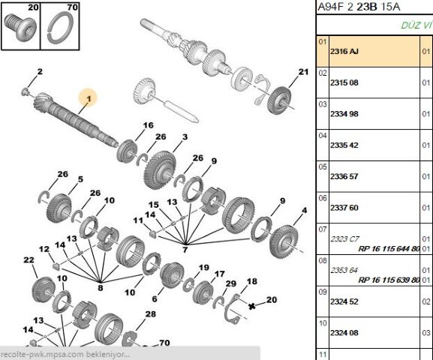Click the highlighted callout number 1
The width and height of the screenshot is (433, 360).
pyautogui.click(x=89, y=98)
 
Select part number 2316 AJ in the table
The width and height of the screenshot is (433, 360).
pyautogui.click(x=344, y=51)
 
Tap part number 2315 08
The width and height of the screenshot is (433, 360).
pyautogui.click(x=344, y=82)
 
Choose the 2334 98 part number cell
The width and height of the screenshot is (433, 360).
pyautogui.click(x=344, y=114)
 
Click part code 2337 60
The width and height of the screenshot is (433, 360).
pyautogui.click(x=344, y=208)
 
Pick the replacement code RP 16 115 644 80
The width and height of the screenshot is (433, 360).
pyautogui.click(x=389, y=249)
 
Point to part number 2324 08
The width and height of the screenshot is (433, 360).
pyautogui.click(x=344, y=333)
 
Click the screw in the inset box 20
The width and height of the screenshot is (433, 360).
pyautogui.click(x=21, y=27)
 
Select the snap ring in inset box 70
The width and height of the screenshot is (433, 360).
pyautogui.click(x=60, y=29)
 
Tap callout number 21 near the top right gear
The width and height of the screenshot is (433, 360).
pyautogui.click(x=303, y=72)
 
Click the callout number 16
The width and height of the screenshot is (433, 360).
pyautogui.click(x=148, y=125)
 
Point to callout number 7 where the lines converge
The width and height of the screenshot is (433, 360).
pyautogui.click(x=185, y=250)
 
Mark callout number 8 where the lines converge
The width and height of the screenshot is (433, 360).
pyautogui.click(x=101, y=288)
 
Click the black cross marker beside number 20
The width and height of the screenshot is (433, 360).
pyautogui.click(x=251, y=306)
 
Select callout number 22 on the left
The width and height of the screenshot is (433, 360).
pyautogui.click(x=29, y=259)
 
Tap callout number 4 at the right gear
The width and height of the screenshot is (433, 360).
pyautogui.click(x=305, y=210)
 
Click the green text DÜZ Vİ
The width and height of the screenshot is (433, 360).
pyautogui.click(x=416, y=25)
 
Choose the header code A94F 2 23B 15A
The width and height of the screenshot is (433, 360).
pyautogui.click(x=359, y=7)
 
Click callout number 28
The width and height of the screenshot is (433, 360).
pyautogui.click(x=151, y=314)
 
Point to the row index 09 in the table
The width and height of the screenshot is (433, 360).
pyautogui.click(x=323, y=292)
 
